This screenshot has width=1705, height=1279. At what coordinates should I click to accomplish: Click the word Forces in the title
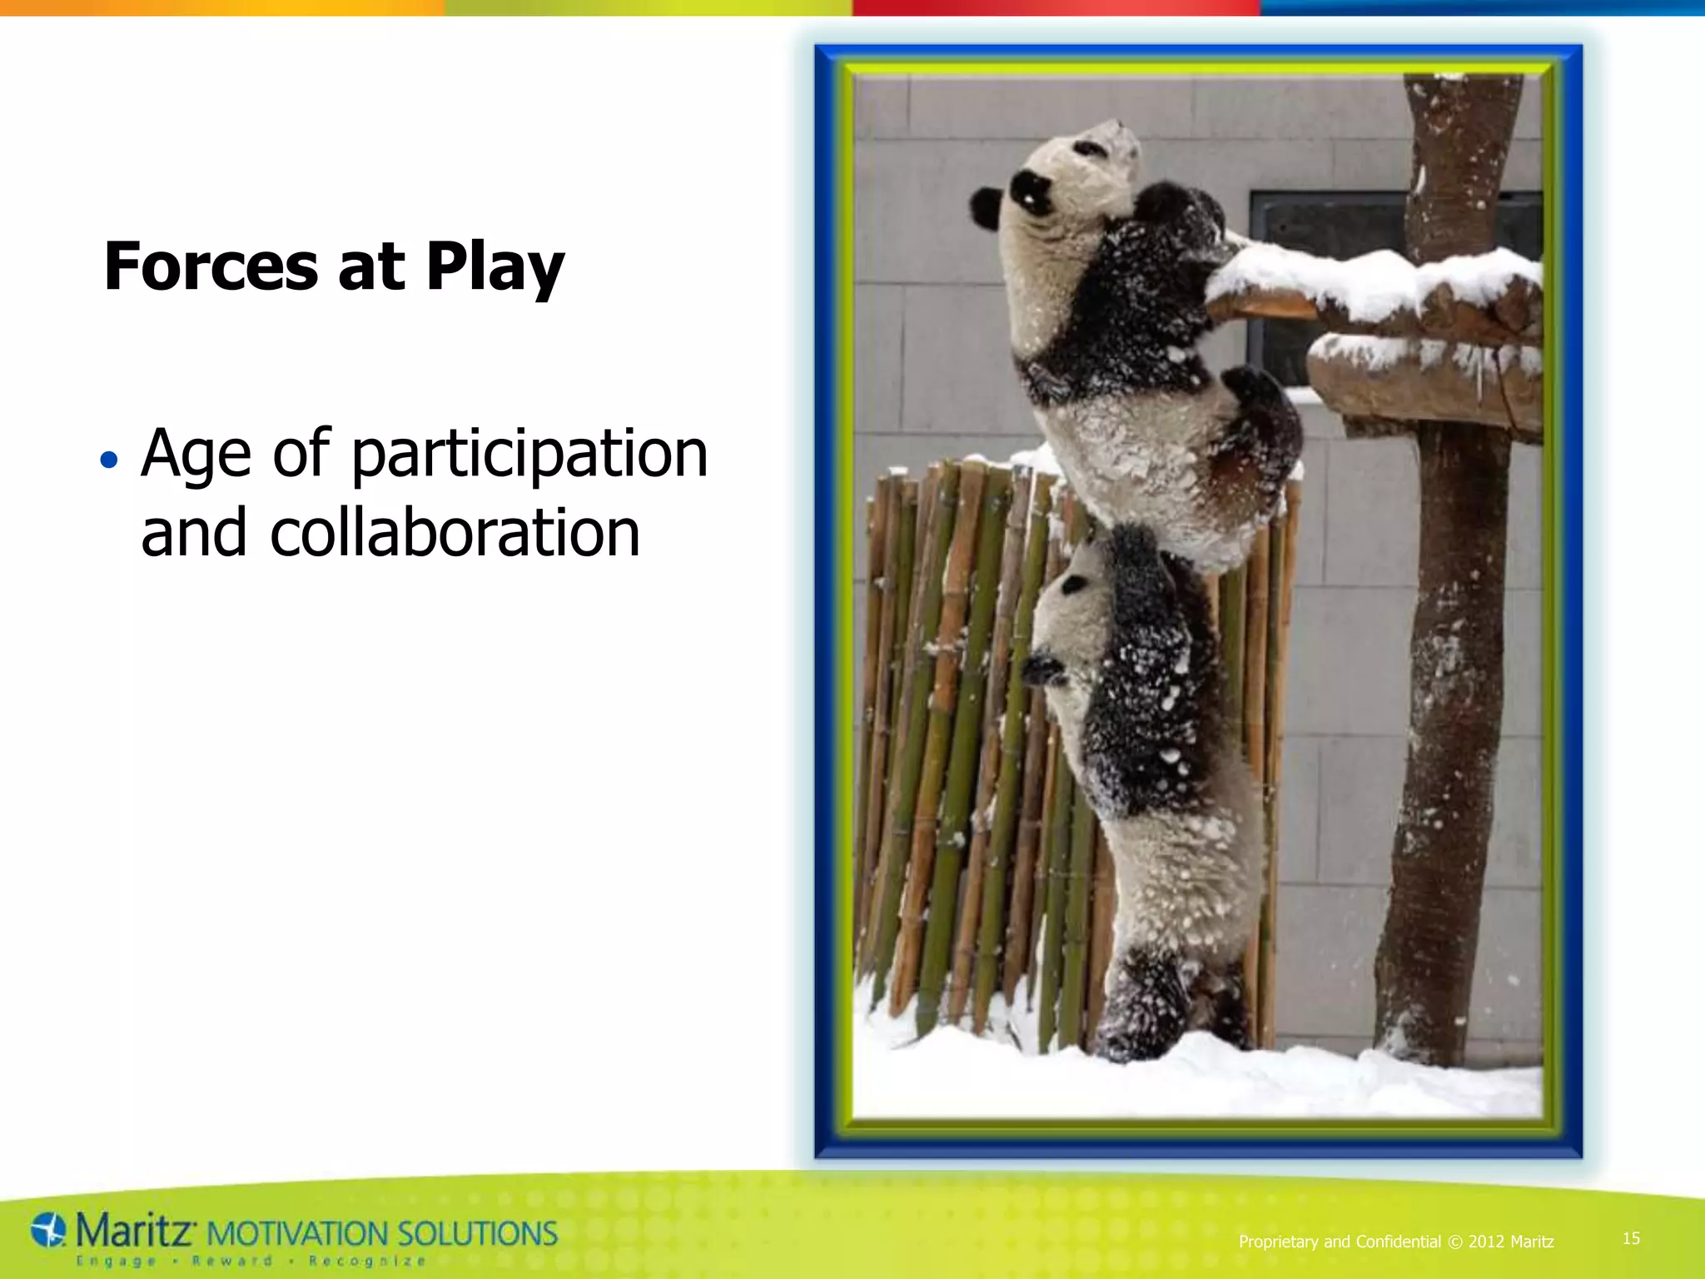tap(210, 267)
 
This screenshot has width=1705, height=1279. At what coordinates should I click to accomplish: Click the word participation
tap(529, 455)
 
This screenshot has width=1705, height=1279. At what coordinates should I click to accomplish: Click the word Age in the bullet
tap(196, 455)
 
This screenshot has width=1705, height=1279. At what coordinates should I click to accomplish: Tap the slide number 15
tap(1631, 1238)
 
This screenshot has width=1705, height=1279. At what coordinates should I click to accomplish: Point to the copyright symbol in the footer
tap(1454, 1242)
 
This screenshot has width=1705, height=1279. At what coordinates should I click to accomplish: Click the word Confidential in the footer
tap(1398, 1242)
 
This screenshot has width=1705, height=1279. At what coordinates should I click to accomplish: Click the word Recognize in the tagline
tap(366, 1262)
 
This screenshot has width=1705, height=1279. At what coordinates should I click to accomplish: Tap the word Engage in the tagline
tap(117, 1262)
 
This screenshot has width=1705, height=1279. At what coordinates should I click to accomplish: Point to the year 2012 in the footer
tap(1486, 1242)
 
